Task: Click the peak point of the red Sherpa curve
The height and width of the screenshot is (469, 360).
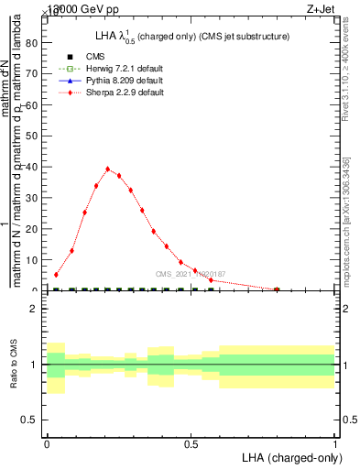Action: (108, 169)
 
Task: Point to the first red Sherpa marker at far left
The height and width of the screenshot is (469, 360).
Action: (56, 274)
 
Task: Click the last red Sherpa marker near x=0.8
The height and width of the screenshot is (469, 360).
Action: (277, 289)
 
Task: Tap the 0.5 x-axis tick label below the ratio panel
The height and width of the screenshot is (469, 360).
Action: (191, 443)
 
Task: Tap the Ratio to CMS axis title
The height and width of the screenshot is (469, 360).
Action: (15, 365)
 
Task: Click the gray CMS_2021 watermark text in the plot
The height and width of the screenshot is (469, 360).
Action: (190, 274)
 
